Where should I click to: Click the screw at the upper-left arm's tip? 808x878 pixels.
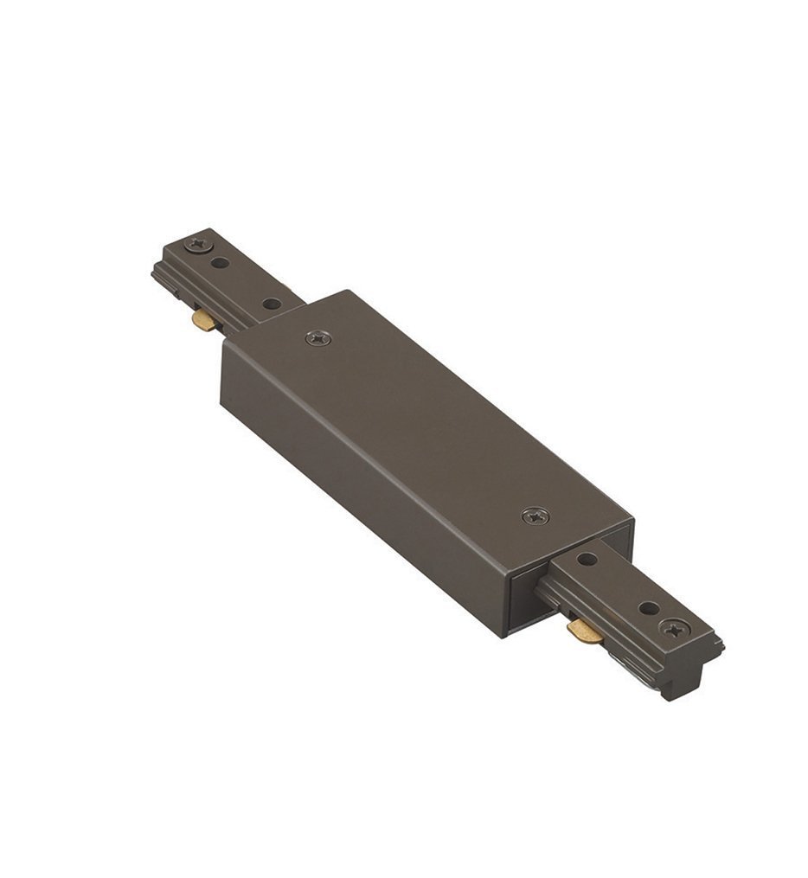click(200, 244)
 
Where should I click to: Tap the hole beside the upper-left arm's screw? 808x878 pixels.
click(221, 262)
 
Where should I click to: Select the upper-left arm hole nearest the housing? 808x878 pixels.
click(272, 304)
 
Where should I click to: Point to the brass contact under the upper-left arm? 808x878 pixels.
click(205, 321)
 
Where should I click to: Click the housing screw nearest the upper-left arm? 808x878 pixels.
click(318, 338)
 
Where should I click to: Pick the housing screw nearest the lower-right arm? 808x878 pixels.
click(535, 516)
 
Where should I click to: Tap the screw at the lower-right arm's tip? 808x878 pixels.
click(672, 628)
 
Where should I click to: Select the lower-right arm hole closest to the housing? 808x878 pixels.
click(587, 560)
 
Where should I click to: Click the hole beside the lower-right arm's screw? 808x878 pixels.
click(648, 608)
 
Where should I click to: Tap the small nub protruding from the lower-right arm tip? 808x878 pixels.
click(718, 644)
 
